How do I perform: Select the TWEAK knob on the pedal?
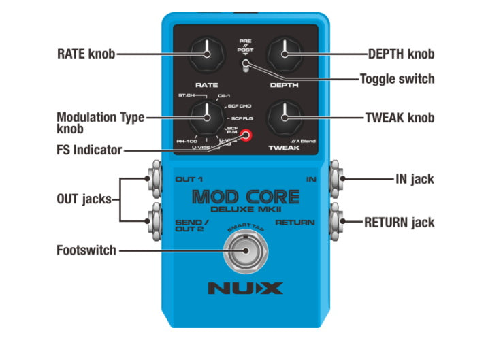pos(285,117)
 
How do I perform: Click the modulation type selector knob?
pos(206,118)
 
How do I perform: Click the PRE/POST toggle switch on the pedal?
pos(245,66)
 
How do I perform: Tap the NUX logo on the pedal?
pos(245,288)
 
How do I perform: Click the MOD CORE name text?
pos(245,197)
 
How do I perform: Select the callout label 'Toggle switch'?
pos(398,80)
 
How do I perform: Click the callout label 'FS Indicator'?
pos(89,150)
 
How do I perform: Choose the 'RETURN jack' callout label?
pos(399,222)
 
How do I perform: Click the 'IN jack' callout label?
pos(414,180)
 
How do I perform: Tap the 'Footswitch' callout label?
pos(86,250)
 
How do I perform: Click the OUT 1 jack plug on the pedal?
pos(153,180)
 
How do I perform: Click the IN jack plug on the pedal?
pos(336,180)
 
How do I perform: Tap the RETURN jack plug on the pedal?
pos(336,221)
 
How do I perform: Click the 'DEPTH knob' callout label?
pos(401,54)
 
